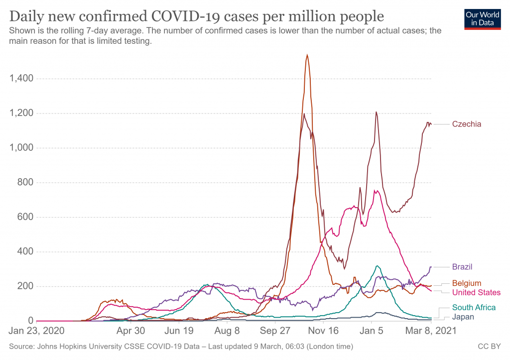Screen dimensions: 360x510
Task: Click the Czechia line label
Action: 467,124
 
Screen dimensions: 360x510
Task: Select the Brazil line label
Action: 462,266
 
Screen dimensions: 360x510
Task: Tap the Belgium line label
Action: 467,283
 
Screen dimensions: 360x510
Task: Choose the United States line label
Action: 476,292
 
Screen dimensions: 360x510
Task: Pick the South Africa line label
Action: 474,307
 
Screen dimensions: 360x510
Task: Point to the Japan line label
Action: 463,317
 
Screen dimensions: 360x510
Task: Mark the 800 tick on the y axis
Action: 25,182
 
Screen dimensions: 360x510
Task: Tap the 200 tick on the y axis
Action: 25,286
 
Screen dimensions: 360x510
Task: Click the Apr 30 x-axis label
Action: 130,330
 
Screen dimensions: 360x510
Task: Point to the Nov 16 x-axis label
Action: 323,330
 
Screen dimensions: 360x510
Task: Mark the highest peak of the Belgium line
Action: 307,55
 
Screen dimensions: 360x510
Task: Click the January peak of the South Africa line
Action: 378,266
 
